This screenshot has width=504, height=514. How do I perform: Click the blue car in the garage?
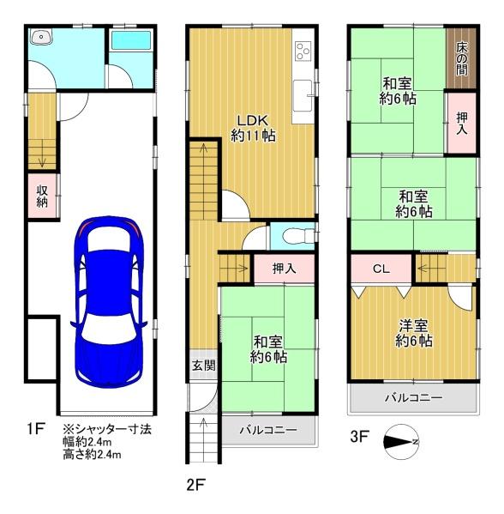coord(108,302)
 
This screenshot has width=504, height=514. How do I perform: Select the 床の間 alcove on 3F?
coord(462,58)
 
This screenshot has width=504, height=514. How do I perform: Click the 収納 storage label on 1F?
coord(42,196)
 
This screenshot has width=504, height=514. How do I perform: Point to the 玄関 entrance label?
coord(203,366)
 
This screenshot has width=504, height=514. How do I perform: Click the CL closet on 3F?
coord(381,269)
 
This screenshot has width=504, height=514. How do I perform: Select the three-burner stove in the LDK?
coord(303,51)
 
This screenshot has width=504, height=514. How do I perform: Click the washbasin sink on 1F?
coord(41,36)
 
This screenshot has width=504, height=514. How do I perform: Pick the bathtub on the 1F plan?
coord(131,40)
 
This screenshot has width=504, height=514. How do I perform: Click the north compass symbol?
coord(401,441)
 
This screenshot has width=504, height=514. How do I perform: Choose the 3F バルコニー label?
coord(414,397)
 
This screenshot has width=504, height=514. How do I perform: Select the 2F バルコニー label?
coord(268,429)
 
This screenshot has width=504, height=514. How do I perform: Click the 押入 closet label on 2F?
coord(285,269)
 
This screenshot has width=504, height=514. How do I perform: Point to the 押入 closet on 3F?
coord(462,123)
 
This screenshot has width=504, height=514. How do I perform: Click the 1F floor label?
coord(36,428)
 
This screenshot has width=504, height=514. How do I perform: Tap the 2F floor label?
coord(195,485)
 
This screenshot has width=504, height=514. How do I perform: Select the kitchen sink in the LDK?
coord(303,96)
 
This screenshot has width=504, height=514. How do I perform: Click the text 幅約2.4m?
coord(87,442)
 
